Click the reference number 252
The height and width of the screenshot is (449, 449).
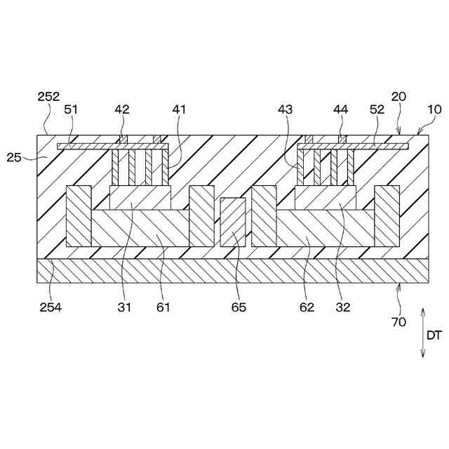(x=49, y=97)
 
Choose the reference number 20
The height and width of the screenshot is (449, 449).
(x=399, y=97)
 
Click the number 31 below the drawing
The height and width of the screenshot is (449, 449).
(x=124, y=307)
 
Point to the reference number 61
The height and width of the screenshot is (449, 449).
(x=163, y=307)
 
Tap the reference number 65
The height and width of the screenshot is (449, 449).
(x=239, y=307)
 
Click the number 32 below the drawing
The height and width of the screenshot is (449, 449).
(x=343, y=307)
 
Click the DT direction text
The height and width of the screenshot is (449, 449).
(x=434, y=335)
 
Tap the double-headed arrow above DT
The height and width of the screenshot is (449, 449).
(x=423, y=333)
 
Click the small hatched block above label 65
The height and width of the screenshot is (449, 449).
(x=233, y=222)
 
